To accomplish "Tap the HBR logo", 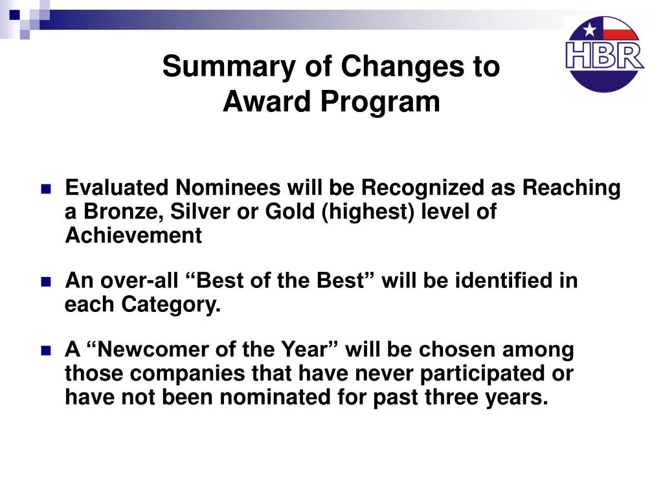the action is coord(605,54).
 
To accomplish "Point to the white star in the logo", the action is coord(589,30).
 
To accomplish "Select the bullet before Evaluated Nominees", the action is coord(46,188).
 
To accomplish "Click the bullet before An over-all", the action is coord(46,282).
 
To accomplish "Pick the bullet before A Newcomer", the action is coord(46,350).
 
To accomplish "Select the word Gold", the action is coord(290,212).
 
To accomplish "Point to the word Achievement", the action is coord(133,236).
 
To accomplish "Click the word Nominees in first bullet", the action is coord(228,188).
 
